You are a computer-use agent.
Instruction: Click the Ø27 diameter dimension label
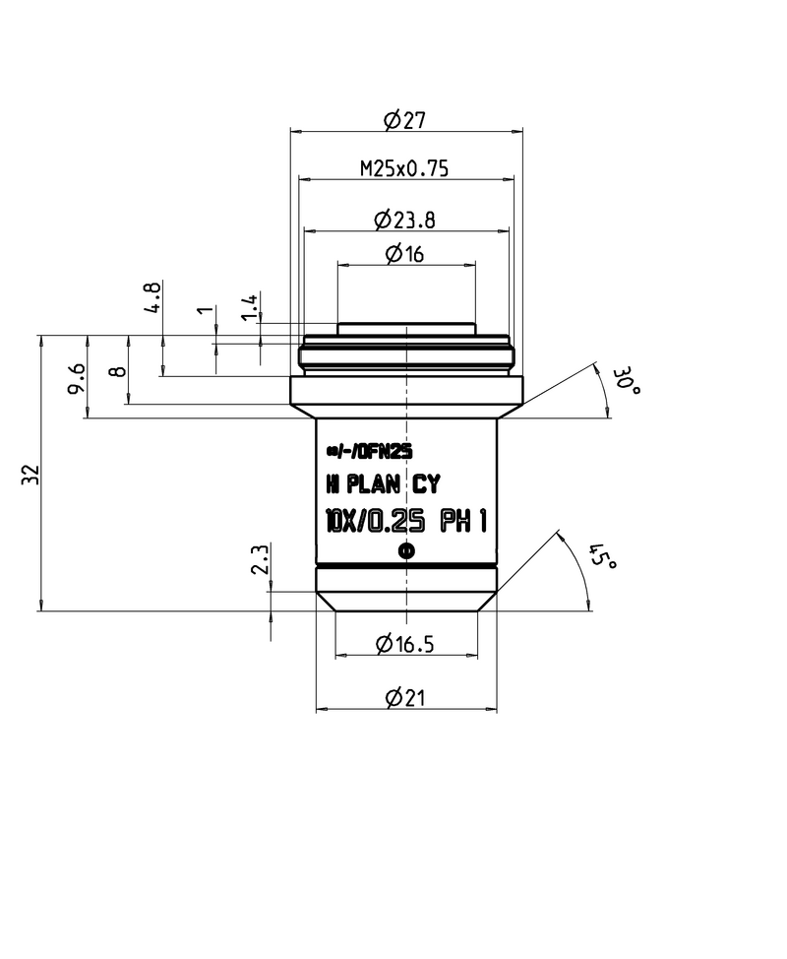click(405, 120)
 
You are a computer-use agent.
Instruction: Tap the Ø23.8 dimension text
click(405, 220)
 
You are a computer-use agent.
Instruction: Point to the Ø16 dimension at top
click(405, 255)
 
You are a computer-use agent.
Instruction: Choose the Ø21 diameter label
click(405, 698)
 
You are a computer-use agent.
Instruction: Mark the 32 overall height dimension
click(30, 475)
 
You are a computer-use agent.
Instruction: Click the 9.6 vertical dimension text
click(77, 379)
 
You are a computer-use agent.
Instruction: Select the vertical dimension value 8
click(117, 371)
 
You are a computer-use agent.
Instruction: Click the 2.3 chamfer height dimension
click(260, 560)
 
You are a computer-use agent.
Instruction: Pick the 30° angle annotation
click(626, 382)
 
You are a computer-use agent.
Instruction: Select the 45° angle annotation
click(602, 559)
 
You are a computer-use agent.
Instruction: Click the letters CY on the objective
click(425, 484)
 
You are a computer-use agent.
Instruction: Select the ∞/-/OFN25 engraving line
click(367, 451)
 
